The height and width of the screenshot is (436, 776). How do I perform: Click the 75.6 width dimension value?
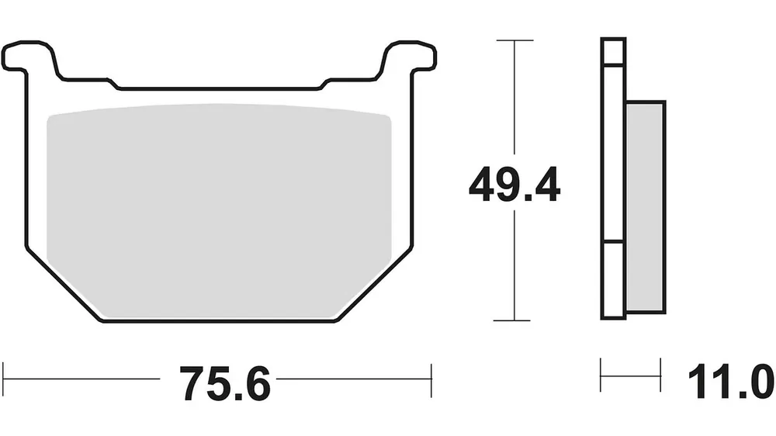pos(225,384)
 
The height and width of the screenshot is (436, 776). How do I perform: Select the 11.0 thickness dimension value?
pos(731,381)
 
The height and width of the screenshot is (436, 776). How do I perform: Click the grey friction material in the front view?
pos(220,210)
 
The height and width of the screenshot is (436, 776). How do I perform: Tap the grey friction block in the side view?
pos(646,207)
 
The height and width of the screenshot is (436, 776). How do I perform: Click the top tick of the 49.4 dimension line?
pos(514,40)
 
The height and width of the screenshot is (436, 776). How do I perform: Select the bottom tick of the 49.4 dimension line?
pos(512,320)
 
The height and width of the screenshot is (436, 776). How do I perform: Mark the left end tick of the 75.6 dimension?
pos(3,379)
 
